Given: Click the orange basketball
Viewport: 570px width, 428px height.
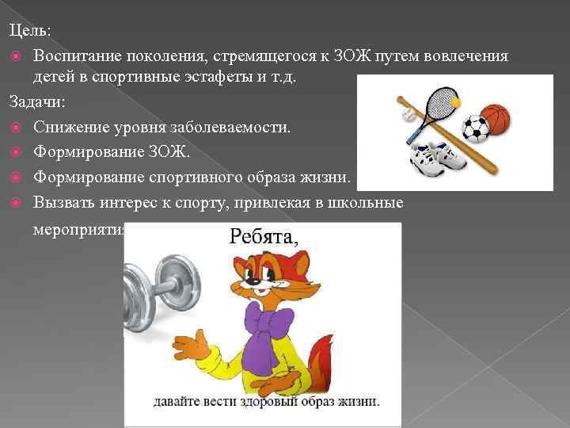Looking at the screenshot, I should point(496,119).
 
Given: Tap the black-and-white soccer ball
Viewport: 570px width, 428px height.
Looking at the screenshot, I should point(476,130).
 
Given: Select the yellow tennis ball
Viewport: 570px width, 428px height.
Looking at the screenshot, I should point(455,103).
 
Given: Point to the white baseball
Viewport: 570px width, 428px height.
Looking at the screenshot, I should point(408,116).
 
